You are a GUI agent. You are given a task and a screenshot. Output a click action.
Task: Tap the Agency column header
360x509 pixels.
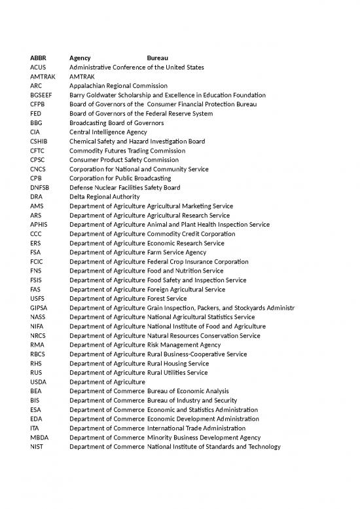(80, 58)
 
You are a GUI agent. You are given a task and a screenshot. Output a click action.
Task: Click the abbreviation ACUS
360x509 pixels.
(39, 67)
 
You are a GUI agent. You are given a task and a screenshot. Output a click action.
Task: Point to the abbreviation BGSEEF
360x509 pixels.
(42, 95)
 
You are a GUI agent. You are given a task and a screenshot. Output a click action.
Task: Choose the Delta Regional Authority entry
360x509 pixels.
(104, 197)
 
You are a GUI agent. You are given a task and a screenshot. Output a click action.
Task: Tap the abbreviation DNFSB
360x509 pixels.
(41, 187)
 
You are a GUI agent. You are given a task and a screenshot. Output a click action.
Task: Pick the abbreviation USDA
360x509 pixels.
(39, 381)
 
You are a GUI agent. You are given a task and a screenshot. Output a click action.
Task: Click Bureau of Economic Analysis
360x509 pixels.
(187, 391)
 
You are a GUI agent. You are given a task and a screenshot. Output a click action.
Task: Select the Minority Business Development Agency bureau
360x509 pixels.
(203, 437)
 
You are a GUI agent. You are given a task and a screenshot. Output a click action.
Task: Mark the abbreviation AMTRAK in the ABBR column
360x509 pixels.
(43, 77)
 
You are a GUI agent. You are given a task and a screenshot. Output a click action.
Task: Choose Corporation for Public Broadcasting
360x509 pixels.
(120, 178)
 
